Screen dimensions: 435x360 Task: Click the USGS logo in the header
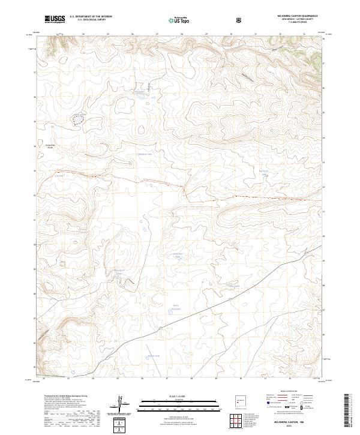click(x=55, y=20)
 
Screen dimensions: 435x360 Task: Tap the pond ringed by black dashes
click(x=78, y=119)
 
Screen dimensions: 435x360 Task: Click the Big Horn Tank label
click(x=264, y=173)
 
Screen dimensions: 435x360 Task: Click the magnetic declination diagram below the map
click(x=122, y=405)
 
